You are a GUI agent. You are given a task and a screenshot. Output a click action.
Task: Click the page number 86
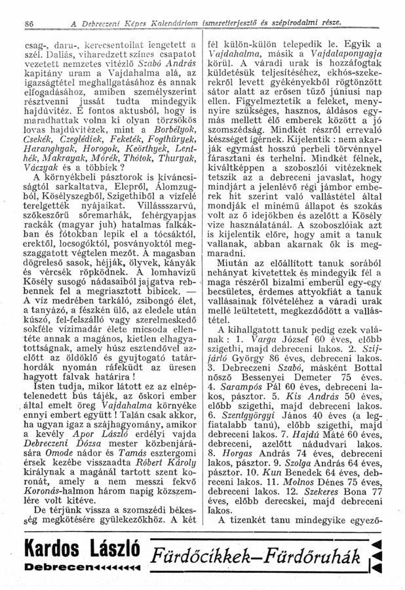click(x=10, y=24)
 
